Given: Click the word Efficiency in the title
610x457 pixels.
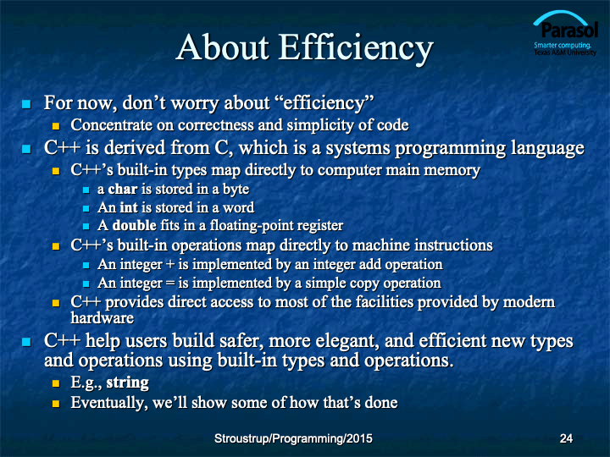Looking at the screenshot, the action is coord(356,47).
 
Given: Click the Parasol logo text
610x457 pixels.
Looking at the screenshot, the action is coord(569,30).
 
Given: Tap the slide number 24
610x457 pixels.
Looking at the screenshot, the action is coord(566,438).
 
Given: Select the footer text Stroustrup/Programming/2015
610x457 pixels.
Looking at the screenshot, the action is coord(293,438).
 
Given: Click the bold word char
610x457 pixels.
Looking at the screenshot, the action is coord(123,189).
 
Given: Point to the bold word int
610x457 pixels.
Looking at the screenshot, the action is coord(129,207).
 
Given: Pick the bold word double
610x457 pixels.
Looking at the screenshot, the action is coord(134,225).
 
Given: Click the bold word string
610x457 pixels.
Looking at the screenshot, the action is coord(128,383).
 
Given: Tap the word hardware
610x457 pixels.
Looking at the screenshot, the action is coord(103,318).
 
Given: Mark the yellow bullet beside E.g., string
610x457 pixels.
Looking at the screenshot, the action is coord(56,383).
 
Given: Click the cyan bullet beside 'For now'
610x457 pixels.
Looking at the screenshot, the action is coord(26,104).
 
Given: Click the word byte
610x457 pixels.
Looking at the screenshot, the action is coord(236,190).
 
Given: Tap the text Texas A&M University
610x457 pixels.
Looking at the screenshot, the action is coord(565,52).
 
